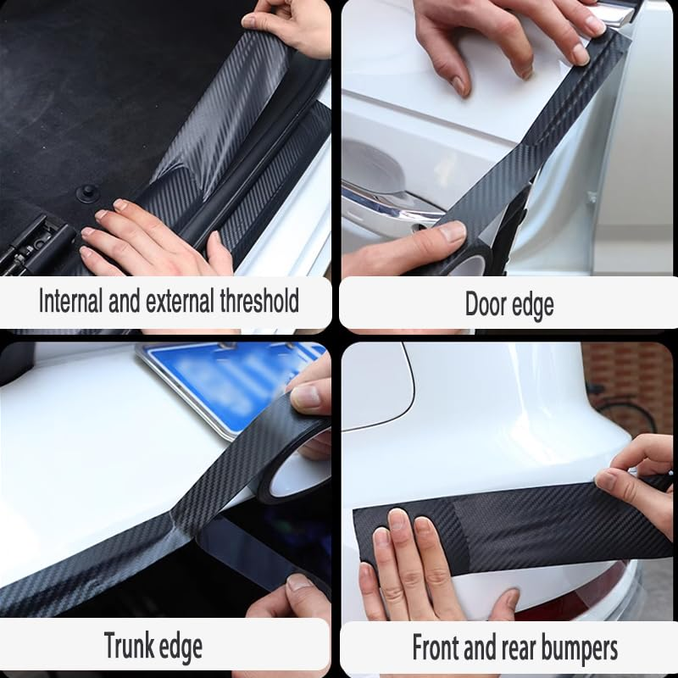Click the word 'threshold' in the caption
(x=256, y=301)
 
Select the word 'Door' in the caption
(x=486, y=304)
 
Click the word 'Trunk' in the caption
(x=130, y=646)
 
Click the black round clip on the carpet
(x=87, y=194)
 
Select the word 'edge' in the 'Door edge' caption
(x=533, y=304)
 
